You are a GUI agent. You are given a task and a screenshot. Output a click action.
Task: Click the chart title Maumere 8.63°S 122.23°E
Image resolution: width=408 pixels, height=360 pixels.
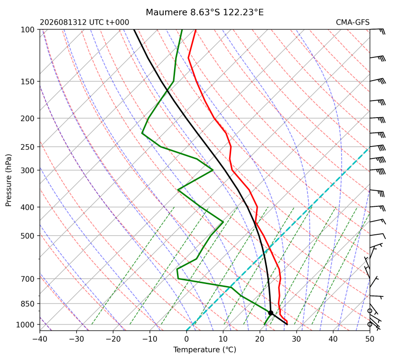pyautogui.click(x=204, y=12)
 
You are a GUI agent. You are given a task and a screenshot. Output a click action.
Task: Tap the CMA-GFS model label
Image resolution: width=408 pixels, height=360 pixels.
pyautogui.click(x=352, y=22)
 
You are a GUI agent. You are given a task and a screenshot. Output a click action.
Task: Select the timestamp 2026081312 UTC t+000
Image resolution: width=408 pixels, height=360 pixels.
pyautogui.click(x=84, y=22)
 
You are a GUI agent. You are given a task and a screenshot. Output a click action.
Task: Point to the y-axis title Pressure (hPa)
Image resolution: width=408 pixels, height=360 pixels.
pyautogui.click(x=9, y=180)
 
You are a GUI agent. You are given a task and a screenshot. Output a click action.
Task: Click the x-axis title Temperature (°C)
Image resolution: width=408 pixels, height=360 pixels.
pyautogui.click(x=205, y=350)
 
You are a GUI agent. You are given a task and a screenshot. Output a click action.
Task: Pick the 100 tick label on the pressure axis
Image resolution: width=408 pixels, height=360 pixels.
pyautogui.click(x=28, y=30)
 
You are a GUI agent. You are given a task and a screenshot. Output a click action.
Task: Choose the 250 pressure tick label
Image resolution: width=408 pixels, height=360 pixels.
pyautogui.click(x=28, y=147)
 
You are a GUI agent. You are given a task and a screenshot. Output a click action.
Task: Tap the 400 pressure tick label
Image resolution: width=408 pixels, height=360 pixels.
pyautogui.click(x=28, y=207)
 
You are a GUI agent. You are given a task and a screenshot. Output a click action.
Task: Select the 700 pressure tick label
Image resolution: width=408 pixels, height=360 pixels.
pyautogui.click(x=28, y=279)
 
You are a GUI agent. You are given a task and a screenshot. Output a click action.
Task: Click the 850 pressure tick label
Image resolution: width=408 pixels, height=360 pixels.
pyautogui.click(x=28, y=304)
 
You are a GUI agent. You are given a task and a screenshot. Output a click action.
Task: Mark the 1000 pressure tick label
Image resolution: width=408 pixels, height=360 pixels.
pyautogui.click(x=26, y=324)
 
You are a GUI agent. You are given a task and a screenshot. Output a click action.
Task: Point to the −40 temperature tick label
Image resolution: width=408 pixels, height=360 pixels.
pyautogui.click(x=40, y=339)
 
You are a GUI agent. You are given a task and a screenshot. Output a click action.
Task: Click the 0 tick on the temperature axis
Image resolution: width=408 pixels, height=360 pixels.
pyautogui.click(x=186, y=339)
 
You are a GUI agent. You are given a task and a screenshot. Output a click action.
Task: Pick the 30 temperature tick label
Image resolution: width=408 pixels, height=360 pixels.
pyautogui.click(x=297, y=339)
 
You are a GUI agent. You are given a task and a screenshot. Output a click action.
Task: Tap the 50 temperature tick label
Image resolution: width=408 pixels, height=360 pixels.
pyautogui.click(x=370, y=339)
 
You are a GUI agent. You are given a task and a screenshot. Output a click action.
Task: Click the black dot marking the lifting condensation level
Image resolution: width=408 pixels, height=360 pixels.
pyautogui.click(x=270, y=313)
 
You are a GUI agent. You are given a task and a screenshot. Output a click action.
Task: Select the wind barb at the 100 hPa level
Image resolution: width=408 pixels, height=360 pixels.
pyautogui.click(x=377, y=31)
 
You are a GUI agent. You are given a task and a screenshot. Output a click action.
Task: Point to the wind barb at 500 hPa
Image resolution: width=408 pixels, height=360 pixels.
pyautogui.click(x=378, y=236)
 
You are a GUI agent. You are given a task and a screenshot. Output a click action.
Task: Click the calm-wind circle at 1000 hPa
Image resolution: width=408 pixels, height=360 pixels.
pyautogui.click(x=370, y=324)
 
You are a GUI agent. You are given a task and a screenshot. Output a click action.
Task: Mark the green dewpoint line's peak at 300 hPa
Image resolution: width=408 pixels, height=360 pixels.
pyautogui.click(x=213, y=170)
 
